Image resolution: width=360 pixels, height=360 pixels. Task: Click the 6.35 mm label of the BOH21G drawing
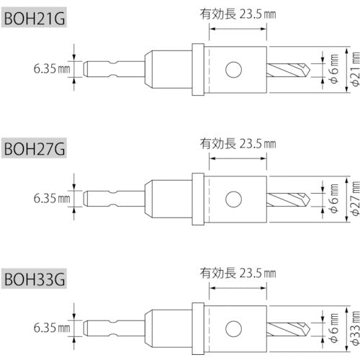point(50,69)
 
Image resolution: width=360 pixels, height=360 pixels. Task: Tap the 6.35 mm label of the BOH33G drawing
point(50,325)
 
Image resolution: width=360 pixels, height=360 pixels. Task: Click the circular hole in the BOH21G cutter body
point(232,70)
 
